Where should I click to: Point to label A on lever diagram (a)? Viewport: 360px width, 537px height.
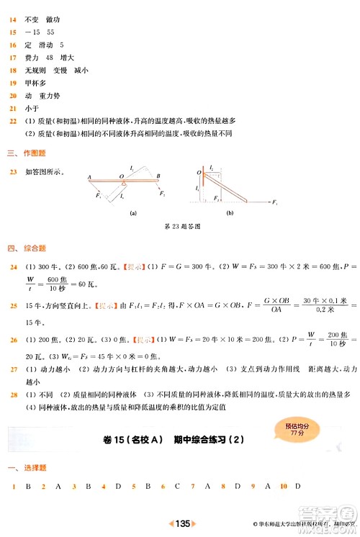[x=89, y=177]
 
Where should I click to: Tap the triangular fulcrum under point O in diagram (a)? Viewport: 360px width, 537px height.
[x=122, y=184]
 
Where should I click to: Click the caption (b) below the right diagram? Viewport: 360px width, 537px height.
[x=230, y=214]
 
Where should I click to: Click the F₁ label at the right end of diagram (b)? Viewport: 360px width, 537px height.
[x=274, y=203]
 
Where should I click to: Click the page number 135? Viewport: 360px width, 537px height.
[x=182, y=523]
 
